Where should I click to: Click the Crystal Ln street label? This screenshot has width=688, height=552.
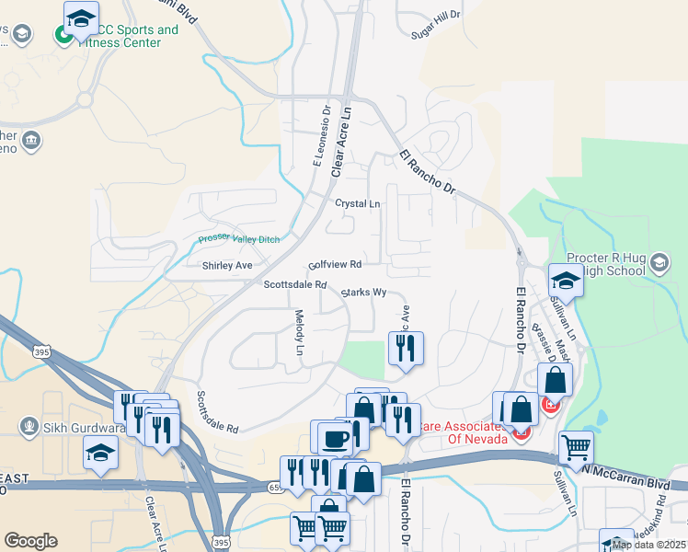click(357, 203)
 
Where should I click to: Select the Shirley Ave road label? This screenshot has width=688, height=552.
click(227, 266)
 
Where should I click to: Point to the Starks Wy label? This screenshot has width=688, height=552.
click(363, 293)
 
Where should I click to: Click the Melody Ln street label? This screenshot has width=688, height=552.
click(299, 332)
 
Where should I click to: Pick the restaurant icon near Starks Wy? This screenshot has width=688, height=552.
click(406, 347)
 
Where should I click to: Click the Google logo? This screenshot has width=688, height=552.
click(31, 541)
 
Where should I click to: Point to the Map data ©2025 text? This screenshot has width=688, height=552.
click(648, 545)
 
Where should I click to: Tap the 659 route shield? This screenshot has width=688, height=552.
click(276, 486)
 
